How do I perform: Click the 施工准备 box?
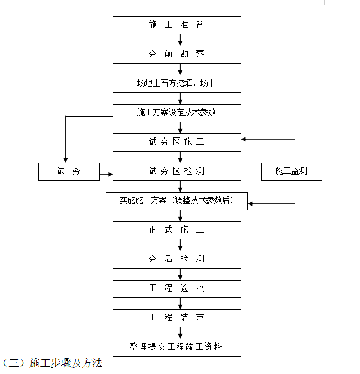point(177,25)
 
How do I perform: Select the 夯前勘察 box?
point(177,55)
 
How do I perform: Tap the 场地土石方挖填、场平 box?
point(177,84)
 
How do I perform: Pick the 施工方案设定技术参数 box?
point(177,113)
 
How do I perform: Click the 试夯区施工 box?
point(177,143)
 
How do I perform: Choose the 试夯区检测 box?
point(177,172)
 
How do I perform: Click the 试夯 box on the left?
point(69,172)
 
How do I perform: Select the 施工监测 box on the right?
point(291,172)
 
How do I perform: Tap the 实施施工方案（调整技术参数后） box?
point(177,201)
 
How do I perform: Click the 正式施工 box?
point(177,230)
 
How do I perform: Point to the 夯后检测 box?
point(177,260)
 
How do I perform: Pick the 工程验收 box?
point(177,289)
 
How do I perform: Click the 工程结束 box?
point(177,318)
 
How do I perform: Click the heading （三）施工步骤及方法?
point(53,363)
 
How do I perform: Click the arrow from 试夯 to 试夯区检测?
point(106,176)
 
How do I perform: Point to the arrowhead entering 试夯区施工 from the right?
point(244,139)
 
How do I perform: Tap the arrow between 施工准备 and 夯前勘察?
point(180,40)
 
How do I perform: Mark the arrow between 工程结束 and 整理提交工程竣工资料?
point(180,333)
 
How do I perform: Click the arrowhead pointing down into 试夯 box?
point(65,160)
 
